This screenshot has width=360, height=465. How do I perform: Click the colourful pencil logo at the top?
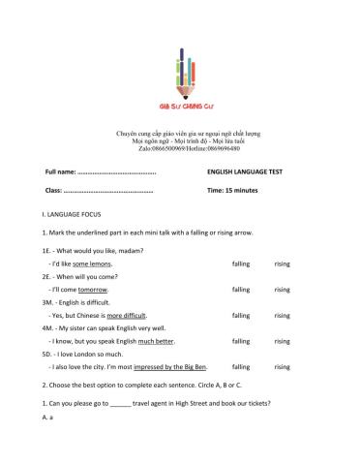(180, 74)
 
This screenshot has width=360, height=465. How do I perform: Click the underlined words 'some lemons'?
(93, 263)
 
